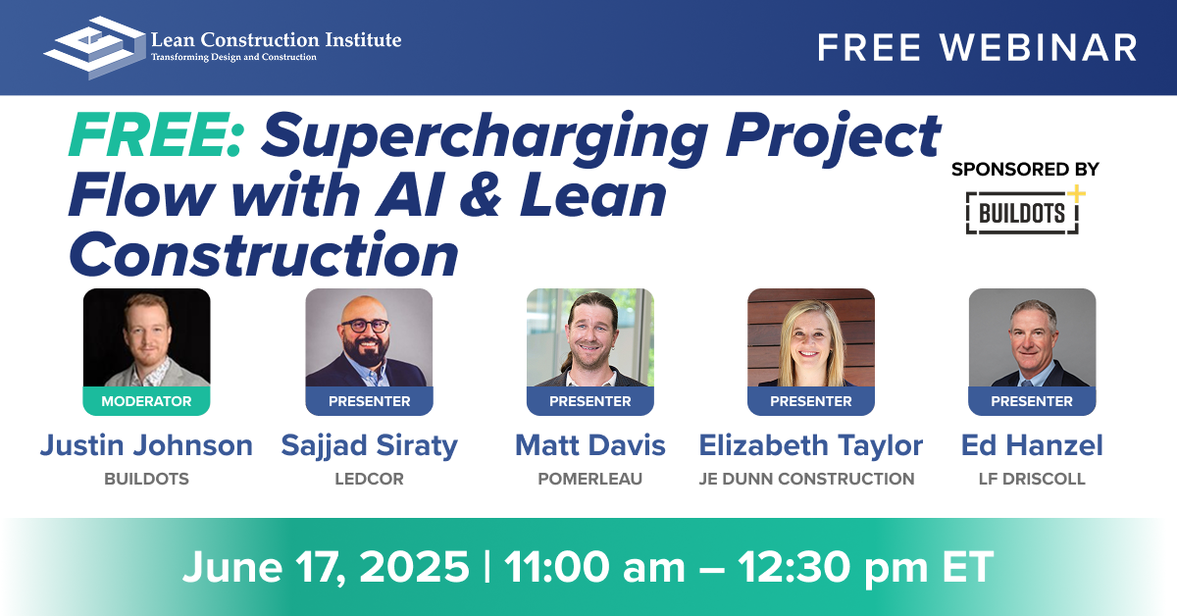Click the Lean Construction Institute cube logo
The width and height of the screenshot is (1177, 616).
click(x=94, y=48)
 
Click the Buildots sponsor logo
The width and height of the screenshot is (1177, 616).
click(x=1025, y=210)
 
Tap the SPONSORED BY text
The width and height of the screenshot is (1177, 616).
click(x=1025, y=170)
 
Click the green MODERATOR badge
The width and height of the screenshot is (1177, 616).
click(x=146, y=401)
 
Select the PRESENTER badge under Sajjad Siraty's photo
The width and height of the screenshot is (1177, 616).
click(x=370, y=401)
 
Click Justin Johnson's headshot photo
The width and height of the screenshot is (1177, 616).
click(x=146, y=337)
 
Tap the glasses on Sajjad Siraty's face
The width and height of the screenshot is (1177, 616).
click(x=365, y=326)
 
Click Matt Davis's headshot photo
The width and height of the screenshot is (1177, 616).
click(x=590, y=337)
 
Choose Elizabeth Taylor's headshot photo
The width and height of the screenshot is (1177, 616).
click(x=811, y=337)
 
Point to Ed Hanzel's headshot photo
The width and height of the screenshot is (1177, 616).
click(x=1033, y=337)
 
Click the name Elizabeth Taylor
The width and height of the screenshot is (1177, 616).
click(x=811, y=445)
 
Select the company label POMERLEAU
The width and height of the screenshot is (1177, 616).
click(x=590, y=479)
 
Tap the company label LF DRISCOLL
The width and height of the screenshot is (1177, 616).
click(x=1032, y=479)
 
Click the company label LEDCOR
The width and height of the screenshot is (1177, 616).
click(x=370, y=479)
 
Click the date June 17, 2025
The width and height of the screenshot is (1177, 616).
click(x=326, y=567)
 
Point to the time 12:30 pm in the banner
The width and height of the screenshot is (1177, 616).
click(x=833, y=568)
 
